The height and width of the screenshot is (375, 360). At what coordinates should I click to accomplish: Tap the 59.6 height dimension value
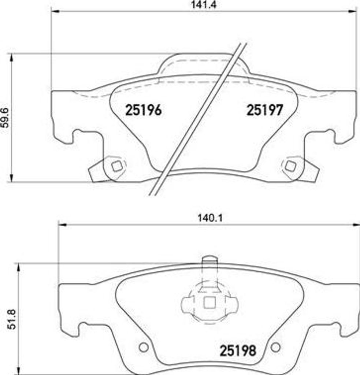5,118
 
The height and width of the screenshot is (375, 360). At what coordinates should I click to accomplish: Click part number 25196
143,110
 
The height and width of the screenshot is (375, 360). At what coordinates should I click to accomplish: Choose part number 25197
264,110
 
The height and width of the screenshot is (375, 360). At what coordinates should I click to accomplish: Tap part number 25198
237,351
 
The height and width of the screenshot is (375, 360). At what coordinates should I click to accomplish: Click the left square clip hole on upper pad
116,166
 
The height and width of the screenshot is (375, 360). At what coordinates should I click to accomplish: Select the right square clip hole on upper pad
291,166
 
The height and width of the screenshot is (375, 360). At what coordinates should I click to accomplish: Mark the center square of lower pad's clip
209,302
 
